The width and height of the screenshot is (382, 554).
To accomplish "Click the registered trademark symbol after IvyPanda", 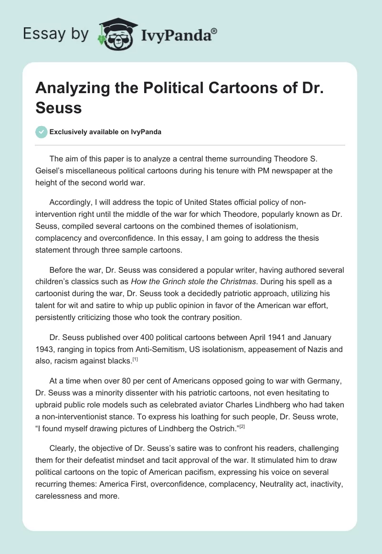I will click(214, 31).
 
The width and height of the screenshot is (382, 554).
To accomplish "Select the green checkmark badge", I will click(42, 132).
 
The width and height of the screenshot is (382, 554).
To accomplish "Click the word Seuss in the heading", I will click(58, 107).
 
